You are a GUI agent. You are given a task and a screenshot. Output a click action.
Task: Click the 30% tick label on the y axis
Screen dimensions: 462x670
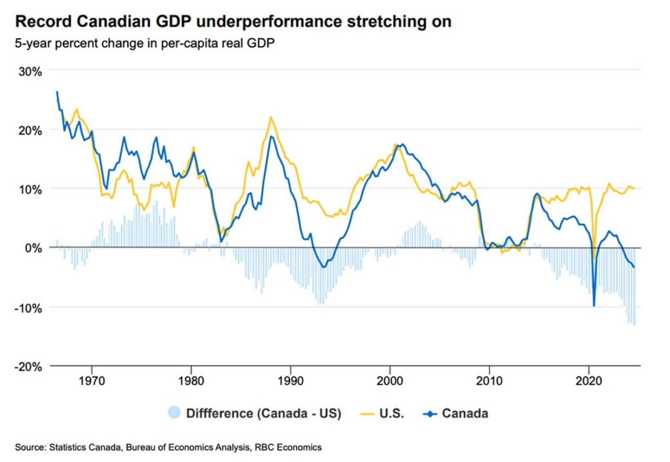pos(29,71)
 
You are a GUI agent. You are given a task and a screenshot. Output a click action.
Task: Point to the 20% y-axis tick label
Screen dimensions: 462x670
pos(29,130)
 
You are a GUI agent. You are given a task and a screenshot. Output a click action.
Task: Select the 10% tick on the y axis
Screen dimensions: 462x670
pos(29,189)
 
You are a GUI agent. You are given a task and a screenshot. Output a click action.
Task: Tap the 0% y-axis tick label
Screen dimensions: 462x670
pos(32,248)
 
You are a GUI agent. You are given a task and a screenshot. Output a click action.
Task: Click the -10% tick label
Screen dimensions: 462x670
pos(27,308)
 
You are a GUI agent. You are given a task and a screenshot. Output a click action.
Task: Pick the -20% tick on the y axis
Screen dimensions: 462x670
pos(27,366)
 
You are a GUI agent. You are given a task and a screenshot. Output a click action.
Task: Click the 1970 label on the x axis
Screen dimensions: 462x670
pos(92,380)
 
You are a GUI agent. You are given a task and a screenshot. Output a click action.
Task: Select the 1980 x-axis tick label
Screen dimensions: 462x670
pos(191,380)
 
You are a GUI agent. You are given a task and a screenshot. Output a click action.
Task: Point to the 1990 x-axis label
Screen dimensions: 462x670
pos(291,380)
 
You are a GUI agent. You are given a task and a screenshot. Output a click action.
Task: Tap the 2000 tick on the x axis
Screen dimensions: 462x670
pos(390,380)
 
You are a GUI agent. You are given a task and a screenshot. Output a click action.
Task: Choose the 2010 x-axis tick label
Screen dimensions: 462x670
pos(489,380)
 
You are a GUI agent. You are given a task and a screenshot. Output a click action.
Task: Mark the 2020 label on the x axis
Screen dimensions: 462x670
pos(589,380)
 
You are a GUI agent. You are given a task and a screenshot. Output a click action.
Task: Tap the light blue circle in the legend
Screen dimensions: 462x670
pos(174,413)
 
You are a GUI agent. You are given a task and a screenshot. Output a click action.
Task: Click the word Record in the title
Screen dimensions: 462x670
pos(41,22)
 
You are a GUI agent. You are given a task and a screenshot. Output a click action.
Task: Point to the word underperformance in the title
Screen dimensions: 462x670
pos(277,22)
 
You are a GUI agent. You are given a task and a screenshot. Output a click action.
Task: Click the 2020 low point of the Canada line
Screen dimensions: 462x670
pos(594,306)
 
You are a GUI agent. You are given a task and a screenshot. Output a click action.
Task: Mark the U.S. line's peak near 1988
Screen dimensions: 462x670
pos(271,117)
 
